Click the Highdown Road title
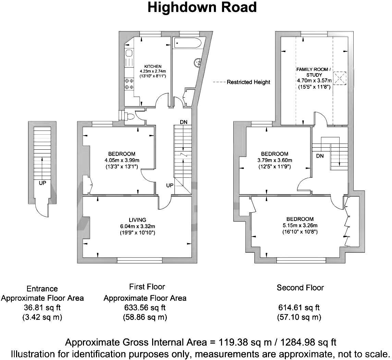click(202, 7)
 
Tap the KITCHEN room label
click(152, 66)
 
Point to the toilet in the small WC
click(130, 116)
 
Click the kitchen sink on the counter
click(129, 53)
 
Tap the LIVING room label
click(137, 220)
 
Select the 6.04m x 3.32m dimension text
click(137, 226)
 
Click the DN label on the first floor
click(183, 122)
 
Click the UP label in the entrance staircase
click(42, 183)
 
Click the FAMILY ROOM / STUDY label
click(314, 72)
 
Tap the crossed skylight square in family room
click(341, 77)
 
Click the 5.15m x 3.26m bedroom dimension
click(300, 225)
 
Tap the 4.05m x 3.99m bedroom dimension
click(121, 160)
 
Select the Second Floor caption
click(300, 287)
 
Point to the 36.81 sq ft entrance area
click(42, 307)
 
